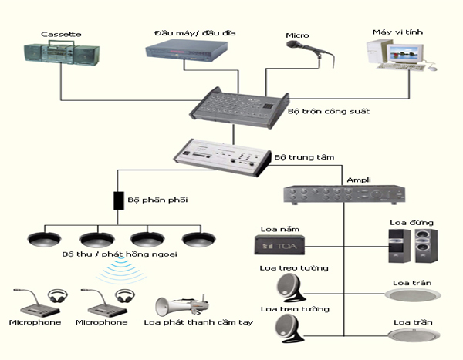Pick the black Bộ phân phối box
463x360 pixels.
[119, 200]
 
